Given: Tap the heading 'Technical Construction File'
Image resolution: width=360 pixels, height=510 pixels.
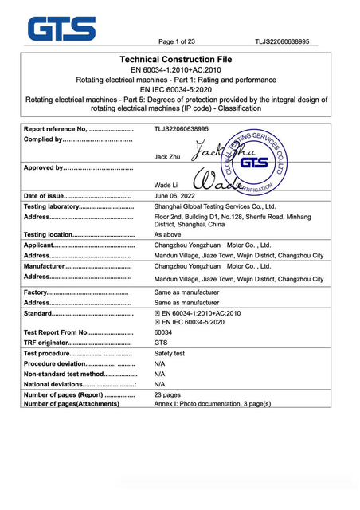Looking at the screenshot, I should pos(178,60).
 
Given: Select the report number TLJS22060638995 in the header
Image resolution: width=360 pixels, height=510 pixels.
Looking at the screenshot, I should pos(282,41).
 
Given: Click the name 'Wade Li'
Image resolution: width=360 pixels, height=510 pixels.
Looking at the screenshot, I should pos(166,183).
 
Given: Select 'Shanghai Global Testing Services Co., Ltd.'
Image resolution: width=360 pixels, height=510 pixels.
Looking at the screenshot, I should pos(219,206).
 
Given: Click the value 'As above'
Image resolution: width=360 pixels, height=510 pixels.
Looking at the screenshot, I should pos(167,235).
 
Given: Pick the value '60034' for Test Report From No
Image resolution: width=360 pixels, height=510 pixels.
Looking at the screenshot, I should pos(163,332).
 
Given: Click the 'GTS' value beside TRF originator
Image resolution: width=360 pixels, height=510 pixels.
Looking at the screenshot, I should pos(160,343).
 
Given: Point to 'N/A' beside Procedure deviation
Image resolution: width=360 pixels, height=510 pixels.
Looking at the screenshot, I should pos(159,363).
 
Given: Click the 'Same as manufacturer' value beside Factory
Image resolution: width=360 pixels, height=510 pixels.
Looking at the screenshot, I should pos(186,292).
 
